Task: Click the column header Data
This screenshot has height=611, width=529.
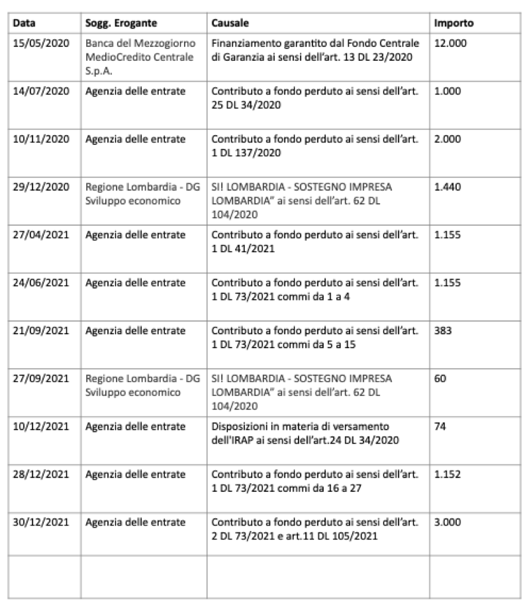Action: click(x=24, y=23)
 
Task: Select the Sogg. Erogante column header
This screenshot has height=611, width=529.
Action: click(x=120, y=23)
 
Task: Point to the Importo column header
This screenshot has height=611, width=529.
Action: click(x=454, y=23)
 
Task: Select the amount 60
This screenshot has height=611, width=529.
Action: click(x=440, y=379)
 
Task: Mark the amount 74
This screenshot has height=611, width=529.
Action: click(x=440, y=426)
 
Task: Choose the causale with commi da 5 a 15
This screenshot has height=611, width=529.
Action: click(x=314, y=337)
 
